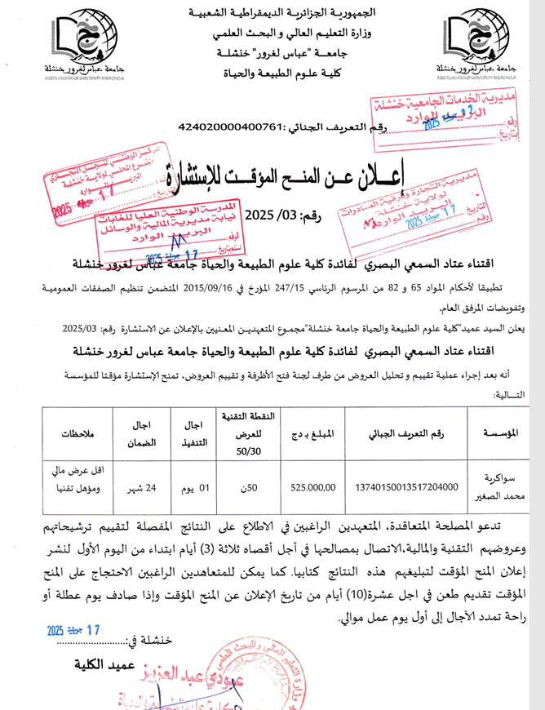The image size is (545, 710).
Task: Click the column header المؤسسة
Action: coord(498,433)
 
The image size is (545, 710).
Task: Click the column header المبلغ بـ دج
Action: coord(312,433)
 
